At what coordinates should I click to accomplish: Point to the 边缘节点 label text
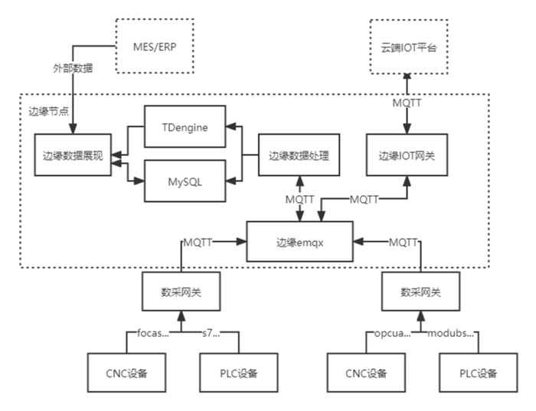point(47,111)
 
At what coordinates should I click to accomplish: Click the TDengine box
point(186,127)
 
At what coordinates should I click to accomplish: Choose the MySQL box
point(186,181)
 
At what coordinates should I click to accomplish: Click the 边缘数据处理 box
point(299,155)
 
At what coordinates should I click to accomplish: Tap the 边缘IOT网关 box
point(407,155)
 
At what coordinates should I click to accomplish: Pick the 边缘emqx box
point(299,241)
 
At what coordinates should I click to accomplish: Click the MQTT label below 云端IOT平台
point(407,101)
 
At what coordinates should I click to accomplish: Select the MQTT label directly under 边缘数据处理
point(299,200)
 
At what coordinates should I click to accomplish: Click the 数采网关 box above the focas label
point(180,292)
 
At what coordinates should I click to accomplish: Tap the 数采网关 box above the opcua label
point(420,292)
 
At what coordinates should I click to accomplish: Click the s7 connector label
point(211,334)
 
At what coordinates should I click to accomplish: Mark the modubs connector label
point(451,334)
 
